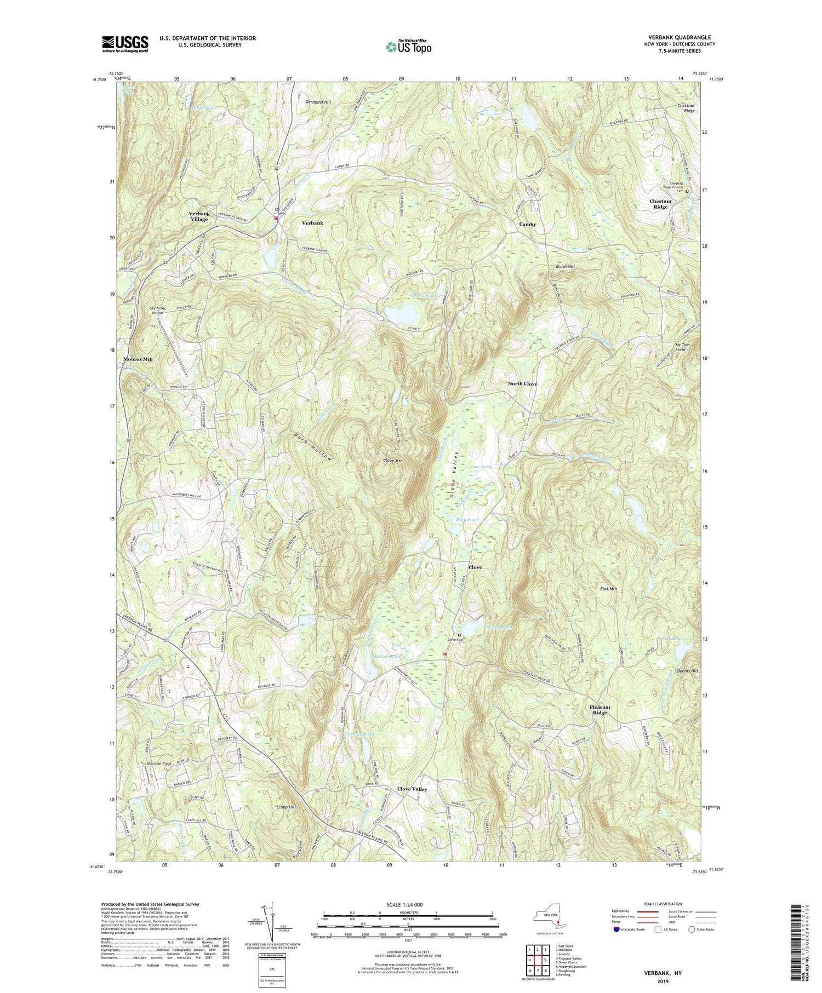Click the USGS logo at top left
(125, 44)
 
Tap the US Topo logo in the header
(408, 47)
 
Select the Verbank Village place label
(199, 216)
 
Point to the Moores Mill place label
(138, 359)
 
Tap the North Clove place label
(522, 384)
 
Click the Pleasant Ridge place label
(600, 710)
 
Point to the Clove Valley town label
(412, 789)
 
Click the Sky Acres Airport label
(160, 311)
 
